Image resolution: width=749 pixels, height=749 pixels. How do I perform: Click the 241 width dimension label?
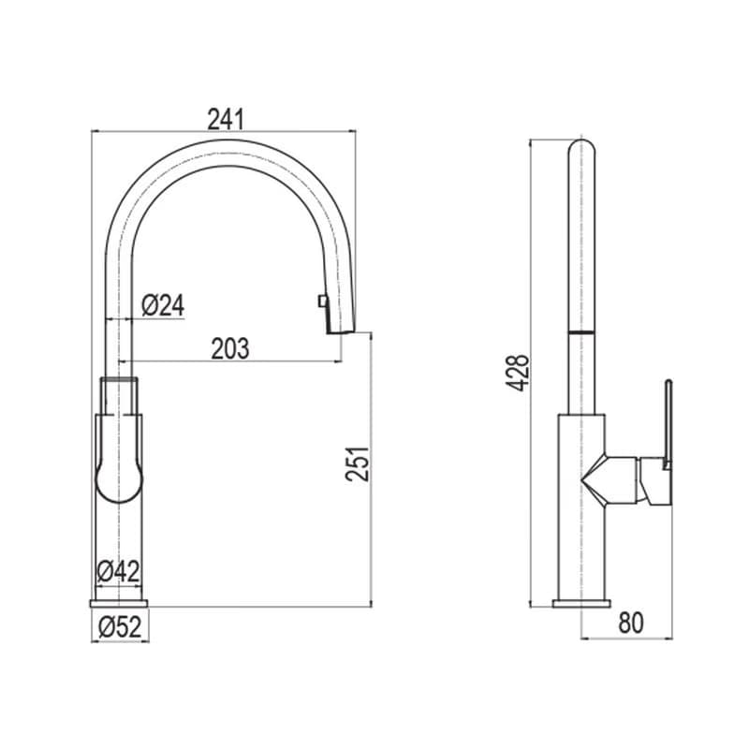coord(226,120)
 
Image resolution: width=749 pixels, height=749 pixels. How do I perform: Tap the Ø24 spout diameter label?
coord(163,305)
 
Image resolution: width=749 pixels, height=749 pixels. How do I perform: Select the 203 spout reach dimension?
coord(230,348)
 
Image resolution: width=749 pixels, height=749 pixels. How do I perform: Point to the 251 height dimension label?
coord(358,463)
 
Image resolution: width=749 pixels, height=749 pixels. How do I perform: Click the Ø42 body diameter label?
coord(119,571)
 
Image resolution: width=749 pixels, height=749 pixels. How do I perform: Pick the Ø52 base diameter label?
coord(120,627)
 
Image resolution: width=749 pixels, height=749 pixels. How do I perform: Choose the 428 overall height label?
coord(519,374)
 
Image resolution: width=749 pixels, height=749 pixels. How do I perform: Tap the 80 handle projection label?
coord(631,623)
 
